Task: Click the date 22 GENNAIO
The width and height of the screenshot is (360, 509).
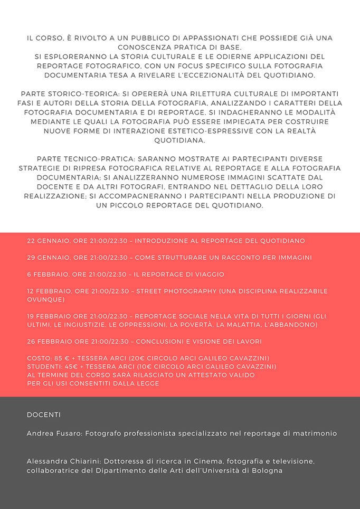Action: click(x=48, y=241)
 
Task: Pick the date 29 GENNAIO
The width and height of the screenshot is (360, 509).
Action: click(x=48, y=258)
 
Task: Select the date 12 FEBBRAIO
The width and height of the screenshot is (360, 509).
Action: click(x=49, y=291)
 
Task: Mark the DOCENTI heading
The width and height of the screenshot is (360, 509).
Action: click(x=44, y=415)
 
